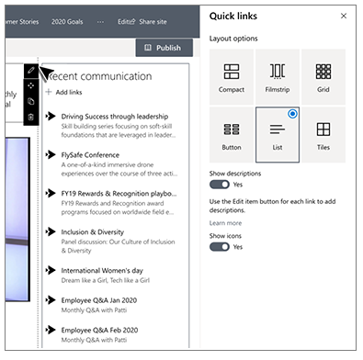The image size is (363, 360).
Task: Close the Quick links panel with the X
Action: pos(344,16)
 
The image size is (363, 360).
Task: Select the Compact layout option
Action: pos(232,77)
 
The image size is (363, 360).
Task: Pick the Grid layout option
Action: pos(323,77)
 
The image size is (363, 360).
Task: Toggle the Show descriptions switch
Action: pos(220,185)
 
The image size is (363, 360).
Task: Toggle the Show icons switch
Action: pos(220,247)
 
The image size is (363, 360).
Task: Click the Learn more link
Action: pos(225,223)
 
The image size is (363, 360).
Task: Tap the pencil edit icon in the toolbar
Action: pos(31,70)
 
